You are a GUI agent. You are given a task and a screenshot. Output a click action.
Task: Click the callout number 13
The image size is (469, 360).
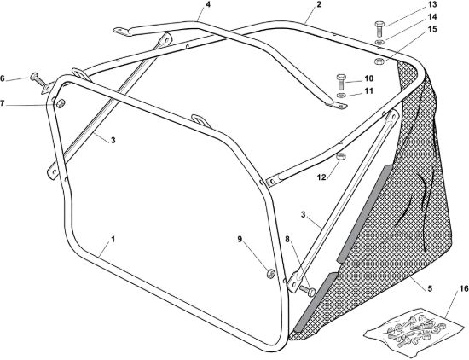pyautogui.click(x=432, y=4)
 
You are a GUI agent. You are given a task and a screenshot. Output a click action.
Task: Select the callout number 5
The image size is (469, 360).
pyautogui.click(x=430, y=289)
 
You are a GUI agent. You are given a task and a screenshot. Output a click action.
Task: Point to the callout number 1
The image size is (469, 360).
pyautogui.click(x=113, y=240)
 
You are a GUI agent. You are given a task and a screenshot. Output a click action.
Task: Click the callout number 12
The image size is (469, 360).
pyautogui.click(x=321, y=177)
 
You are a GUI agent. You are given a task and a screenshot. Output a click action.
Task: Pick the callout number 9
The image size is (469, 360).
pyautogui.click(x=240, y=239)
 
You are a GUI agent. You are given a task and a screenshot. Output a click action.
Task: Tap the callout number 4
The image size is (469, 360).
pyautogui.click(x=207, y=5)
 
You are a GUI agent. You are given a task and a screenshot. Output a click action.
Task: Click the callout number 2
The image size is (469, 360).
pyautogui.click(x=319, y=5)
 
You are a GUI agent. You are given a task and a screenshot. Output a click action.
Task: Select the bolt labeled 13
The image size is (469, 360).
pyautogui.click(x=379, y=29)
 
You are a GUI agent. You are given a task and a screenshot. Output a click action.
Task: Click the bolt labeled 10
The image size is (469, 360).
pyautogui.click(x=341, y=82)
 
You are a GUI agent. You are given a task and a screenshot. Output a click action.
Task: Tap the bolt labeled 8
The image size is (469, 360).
pyautogui.click(x=307, y=290)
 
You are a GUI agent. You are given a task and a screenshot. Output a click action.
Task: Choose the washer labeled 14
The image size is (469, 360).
pyautogui.click(x=379, y=42)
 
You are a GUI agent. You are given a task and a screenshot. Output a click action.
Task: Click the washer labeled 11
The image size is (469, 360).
pyautogui.click(x=341, y=96)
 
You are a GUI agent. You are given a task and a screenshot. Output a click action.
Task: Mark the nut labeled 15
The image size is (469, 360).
pyautogui.click(x=379, y=61)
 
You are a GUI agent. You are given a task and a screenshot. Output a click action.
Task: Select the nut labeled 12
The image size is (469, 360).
pyautogui.click(x=341, y=156)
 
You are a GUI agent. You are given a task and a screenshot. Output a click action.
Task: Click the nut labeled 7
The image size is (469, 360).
pyautogui.click(x=61, y=104)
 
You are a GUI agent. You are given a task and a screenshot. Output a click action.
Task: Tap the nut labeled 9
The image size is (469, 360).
pyautogui.click(x=270, y=274)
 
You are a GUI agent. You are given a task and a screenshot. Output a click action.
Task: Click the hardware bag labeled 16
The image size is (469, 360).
pyautogui.click(x=414, y=332)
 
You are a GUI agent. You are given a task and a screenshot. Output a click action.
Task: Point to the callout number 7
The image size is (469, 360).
pyautogui.click(x=3, y=103)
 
